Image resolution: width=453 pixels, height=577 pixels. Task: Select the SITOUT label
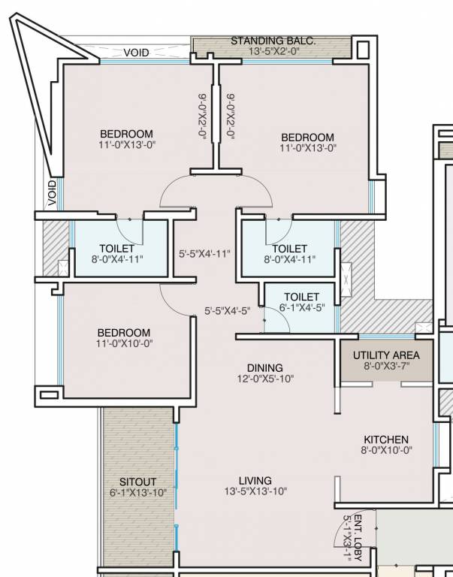(138, 482)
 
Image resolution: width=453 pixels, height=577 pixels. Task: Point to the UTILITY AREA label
(387, 355)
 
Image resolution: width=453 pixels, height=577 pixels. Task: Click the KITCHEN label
(386, 440)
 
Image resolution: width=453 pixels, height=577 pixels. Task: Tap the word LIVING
(255, 481)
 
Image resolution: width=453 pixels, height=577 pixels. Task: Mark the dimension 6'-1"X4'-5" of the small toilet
(302, 307)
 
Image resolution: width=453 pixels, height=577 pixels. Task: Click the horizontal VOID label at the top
(137, 53)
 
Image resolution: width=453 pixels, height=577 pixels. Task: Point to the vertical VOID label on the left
(52, 192)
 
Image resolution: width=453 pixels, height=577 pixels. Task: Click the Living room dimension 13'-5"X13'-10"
(255, 492)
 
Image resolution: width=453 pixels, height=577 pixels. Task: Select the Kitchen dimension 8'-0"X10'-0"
(386, 451)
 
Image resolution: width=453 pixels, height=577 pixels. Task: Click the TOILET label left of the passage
(116, 249)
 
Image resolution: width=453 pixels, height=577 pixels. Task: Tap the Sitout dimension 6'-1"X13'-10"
(138, 493)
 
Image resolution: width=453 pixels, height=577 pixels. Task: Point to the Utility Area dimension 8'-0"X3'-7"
(387, 367)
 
